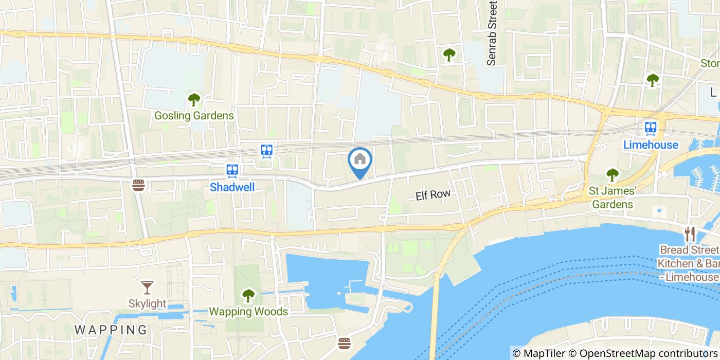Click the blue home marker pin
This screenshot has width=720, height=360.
click(361, 160)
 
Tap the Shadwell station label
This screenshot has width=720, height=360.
click(232, 187)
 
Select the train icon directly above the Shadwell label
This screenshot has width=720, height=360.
click(232, 170)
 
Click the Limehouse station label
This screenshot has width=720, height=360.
click(651, 145)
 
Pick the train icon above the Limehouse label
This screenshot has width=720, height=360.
click(651, 128)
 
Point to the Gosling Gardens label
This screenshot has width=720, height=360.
click(194, 116)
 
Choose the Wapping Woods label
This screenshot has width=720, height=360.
click(248, 312)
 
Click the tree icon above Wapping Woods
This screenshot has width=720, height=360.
click(248, 295)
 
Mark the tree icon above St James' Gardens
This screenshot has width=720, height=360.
click(612, 175)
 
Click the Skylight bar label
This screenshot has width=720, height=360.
click(147, 304)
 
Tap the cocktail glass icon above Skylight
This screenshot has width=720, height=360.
click(147, 287)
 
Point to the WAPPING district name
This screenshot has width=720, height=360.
click(111, 329)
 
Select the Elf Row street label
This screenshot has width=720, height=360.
click(433, 194)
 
